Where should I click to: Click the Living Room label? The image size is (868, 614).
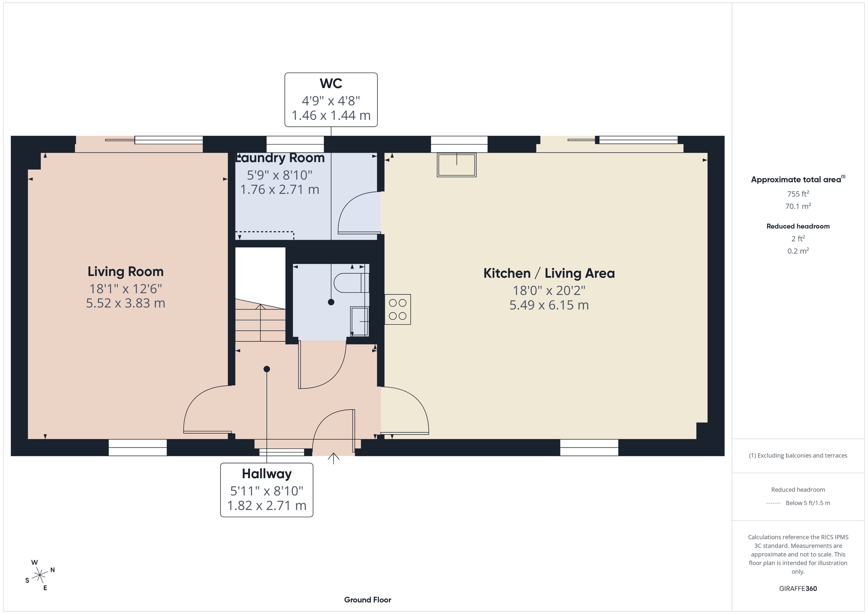pyautogui.click(x=125, y=272)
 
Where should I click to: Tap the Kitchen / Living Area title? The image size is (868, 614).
pyautogui.click(x=549, y=273)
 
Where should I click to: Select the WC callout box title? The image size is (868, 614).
pyautogui.click(x=331, y=83)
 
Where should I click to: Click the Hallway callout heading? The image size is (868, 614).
pyautogui.click(x=266, y=474)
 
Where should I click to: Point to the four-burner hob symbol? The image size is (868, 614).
pyautogui.click(x=398, y=309)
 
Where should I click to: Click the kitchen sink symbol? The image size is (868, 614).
pyautogui.click(x=457, y=165)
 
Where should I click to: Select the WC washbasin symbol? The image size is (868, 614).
pyautogui.click(x=359, y=321)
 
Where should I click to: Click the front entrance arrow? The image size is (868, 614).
pyautogui.click(x=333, y=458)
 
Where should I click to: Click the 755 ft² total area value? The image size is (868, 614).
pyautogui.click(x=798, y=194)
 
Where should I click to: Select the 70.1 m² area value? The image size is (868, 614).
pyautogui.click(x=798, y=206)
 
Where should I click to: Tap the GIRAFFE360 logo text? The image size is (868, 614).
pyautogui.click(x=798, y=589)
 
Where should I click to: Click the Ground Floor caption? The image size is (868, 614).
pyautogui.click(x=368, y=600)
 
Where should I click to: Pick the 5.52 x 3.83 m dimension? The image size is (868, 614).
pyautogui.click(x=125, y=303)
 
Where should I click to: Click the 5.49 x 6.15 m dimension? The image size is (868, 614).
pyautogui.click(x=549, y=305)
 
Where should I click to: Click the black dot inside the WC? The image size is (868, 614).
pyautogui.click(x=331, y=302)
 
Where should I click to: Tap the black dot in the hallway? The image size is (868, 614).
pyautogui.click(x=267, y=369)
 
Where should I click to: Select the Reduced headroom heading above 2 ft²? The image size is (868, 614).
pyautogui.click(x=798, y=226)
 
